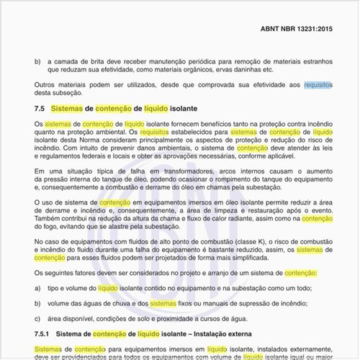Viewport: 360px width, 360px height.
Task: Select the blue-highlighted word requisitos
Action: tap(318, 85)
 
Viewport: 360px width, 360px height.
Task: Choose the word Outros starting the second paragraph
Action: tap(47, 85)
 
